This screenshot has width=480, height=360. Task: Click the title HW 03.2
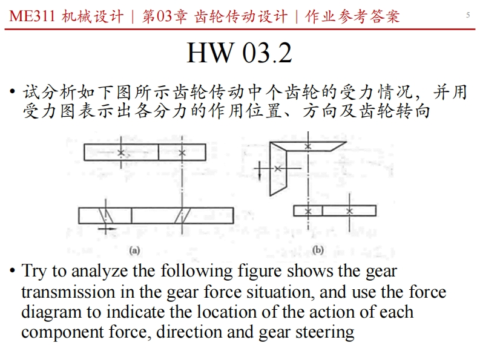coord(239,53)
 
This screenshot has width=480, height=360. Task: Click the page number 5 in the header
coord(468,15)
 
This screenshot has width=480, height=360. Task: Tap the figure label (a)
coord(136,249)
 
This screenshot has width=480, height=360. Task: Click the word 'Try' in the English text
coord(35,271)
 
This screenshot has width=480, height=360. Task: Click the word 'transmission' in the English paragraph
coord(67,292)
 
